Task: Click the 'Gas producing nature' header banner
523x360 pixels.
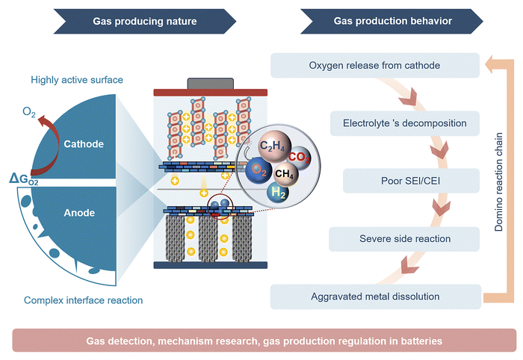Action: click(145, 21)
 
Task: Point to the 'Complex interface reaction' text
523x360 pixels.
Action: click(84, 300)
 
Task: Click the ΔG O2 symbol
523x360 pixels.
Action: click(28, 178)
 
